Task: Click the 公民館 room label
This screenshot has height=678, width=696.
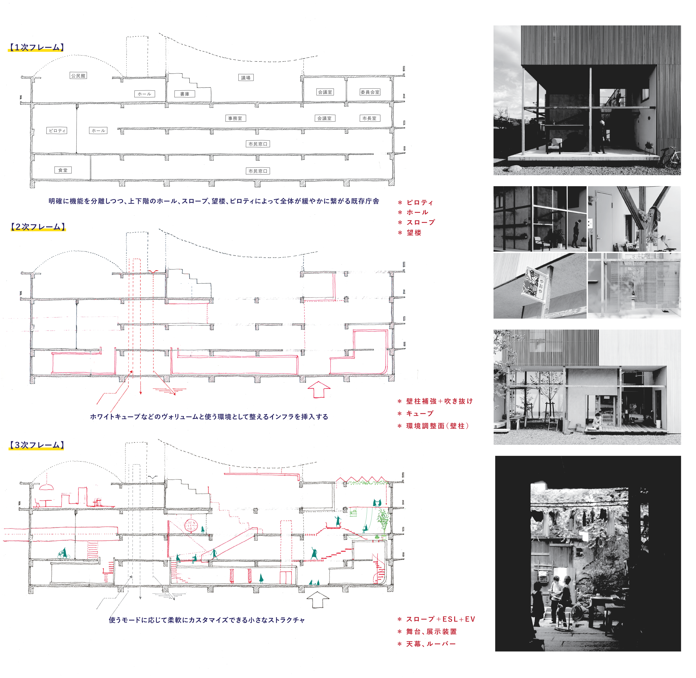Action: [78, 76]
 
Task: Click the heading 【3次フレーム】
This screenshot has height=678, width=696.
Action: [36, 445]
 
